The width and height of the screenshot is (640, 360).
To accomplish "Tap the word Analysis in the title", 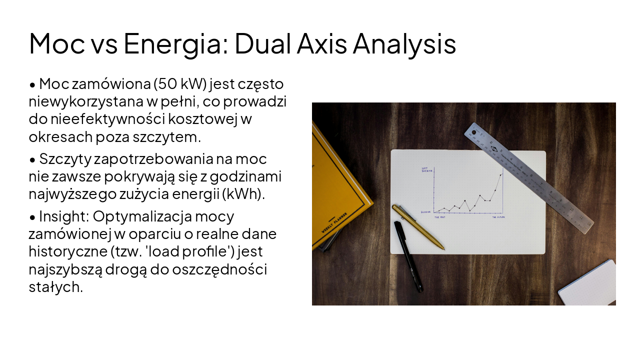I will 404,43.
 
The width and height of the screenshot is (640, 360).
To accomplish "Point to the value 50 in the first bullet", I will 166,83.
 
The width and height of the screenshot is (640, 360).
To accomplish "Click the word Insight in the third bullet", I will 62,216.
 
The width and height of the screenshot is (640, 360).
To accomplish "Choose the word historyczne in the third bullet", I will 70,251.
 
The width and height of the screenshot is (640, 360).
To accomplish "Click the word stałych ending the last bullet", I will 55,287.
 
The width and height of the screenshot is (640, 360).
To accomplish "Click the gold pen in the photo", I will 418,227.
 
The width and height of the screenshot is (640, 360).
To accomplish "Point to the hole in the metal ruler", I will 474,132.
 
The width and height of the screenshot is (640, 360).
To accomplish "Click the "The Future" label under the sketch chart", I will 497,217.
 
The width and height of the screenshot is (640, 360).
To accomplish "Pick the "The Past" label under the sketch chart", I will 439,217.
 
